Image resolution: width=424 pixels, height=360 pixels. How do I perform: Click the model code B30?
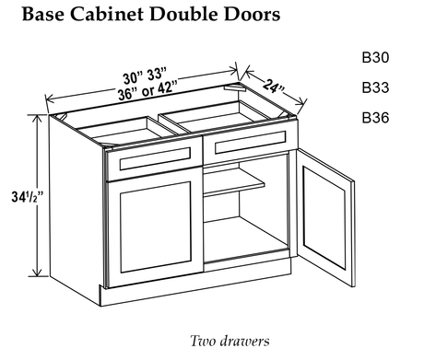(x=375, y=57)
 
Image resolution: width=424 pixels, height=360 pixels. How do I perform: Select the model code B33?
(x=375, y=87)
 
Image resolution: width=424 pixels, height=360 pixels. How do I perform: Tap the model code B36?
(x=375, y=118)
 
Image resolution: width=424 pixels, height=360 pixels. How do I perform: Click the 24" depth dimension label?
(x=274, y=86)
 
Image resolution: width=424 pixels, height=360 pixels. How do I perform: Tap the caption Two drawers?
(x=230, y=341)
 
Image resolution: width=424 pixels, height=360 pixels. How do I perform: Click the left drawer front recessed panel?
(x=155, y=158)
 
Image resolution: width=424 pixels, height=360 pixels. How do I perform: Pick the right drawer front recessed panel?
(x=251, y=143)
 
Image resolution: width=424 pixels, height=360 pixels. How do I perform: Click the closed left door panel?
(x=156, y=227)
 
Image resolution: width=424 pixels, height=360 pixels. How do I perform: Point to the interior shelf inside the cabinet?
(x=234, y=184)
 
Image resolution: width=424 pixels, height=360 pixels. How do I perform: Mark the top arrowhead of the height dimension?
(x=38, y=118)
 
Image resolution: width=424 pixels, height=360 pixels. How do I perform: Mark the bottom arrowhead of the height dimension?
(x=38, y=273)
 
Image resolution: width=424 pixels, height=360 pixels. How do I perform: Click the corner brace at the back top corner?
(x=234, y=88)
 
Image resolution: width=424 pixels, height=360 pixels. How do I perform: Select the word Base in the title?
(x=43, y=14)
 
